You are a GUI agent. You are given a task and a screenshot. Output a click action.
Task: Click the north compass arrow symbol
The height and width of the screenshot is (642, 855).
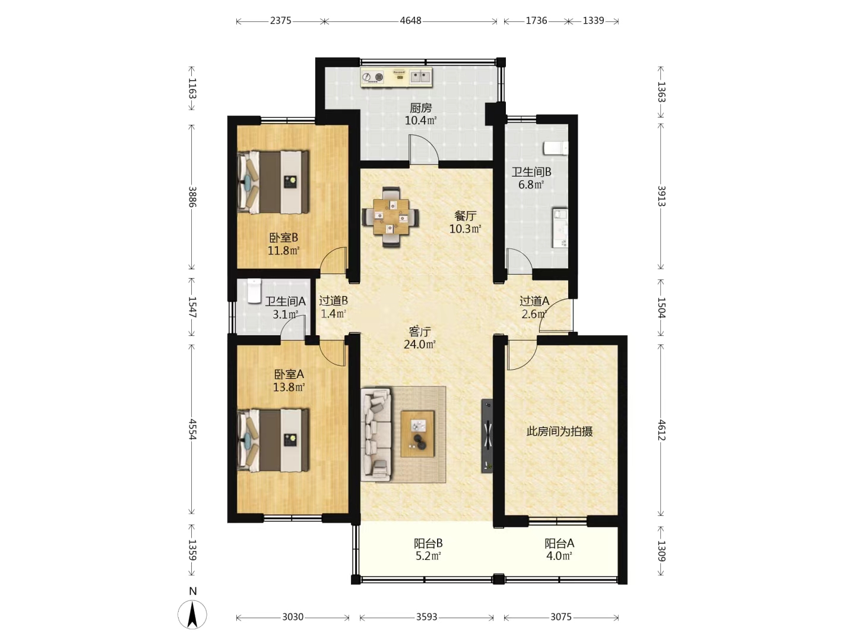(x=192, y=615)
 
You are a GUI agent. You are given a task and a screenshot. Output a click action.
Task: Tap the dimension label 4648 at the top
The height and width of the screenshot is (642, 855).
(x=410, y=21)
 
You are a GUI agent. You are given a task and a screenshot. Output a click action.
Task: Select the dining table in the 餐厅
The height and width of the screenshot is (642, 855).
(x=391, y=217)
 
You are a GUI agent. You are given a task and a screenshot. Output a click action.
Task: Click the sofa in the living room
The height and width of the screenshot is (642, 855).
(x=376, y=434)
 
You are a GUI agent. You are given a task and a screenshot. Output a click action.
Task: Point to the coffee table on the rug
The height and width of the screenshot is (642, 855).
(x=417, y=433)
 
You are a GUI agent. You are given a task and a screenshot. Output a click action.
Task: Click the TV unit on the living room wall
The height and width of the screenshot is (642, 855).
(x=487, y=436)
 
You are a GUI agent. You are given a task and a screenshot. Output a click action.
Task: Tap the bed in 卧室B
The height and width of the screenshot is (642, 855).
(x=273, y=182)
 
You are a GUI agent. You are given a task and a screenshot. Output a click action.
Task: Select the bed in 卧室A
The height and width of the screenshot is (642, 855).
(x=273, y=440)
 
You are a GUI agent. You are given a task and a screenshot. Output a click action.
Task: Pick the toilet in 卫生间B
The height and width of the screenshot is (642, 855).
(x=556, y=148)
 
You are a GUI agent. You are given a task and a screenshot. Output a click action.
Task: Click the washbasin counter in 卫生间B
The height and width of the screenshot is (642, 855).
(x=560, y=228)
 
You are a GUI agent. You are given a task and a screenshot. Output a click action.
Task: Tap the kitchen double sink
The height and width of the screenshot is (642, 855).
(x=420, y=77)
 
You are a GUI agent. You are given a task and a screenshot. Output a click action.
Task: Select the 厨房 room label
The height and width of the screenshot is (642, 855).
(x=421, y=108)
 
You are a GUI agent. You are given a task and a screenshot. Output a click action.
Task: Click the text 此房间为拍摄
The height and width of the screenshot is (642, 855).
(x=559, y=432)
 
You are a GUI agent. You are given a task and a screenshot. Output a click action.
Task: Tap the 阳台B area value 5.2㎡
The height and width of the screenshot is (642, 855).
(x=428, y=556)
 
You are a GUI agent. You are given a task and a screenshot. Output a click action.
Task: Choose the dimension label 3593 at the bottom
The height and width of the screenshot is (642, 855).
(x=426, y=617)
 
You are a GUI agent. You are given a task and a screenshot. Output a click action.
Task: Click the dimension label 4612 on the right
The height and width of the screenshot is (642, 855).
(x=661, y=430)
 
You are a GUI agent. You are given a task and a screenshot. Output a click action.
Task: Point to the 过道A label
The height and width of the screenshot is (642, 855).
(x=534, y=301)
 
